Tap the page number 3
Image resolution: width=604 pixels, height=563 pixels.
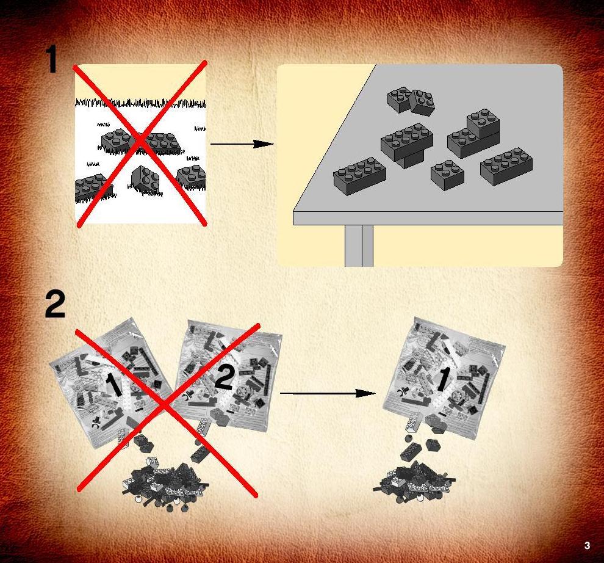click(x=587, y=545)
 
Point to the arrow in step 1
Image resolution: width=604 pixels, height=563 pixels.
click(x=242, y=144)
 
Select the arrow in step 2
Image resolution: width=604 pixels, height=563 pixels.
click(x=328, y=393)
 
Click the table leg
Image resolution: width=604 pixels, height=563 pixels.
click(x=359, y=245)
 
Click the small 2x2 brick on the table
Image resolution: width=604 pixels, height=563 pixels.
click(x=447, y=175)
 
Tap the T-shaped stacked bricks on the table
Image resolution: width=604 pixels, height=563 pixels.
click(x=407, y=145)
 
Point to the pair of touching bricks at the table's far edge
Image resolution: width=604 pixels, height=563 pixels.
click(x=411, y=100)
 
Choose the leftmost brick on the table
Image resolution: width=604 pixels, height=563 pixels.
click(x=359, y=176)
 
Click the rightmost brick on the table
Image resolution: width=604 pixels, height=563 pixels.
click(x=506, y=166)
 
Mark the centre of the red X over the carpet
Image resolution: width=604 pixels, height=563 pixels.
click(x=141, y=142)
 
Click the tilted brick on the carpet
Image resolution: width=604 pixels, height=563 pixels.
click(x=145, y=180)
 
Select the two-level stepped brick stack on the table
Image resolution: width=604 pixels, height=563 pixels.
click(x=473, y=134)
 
